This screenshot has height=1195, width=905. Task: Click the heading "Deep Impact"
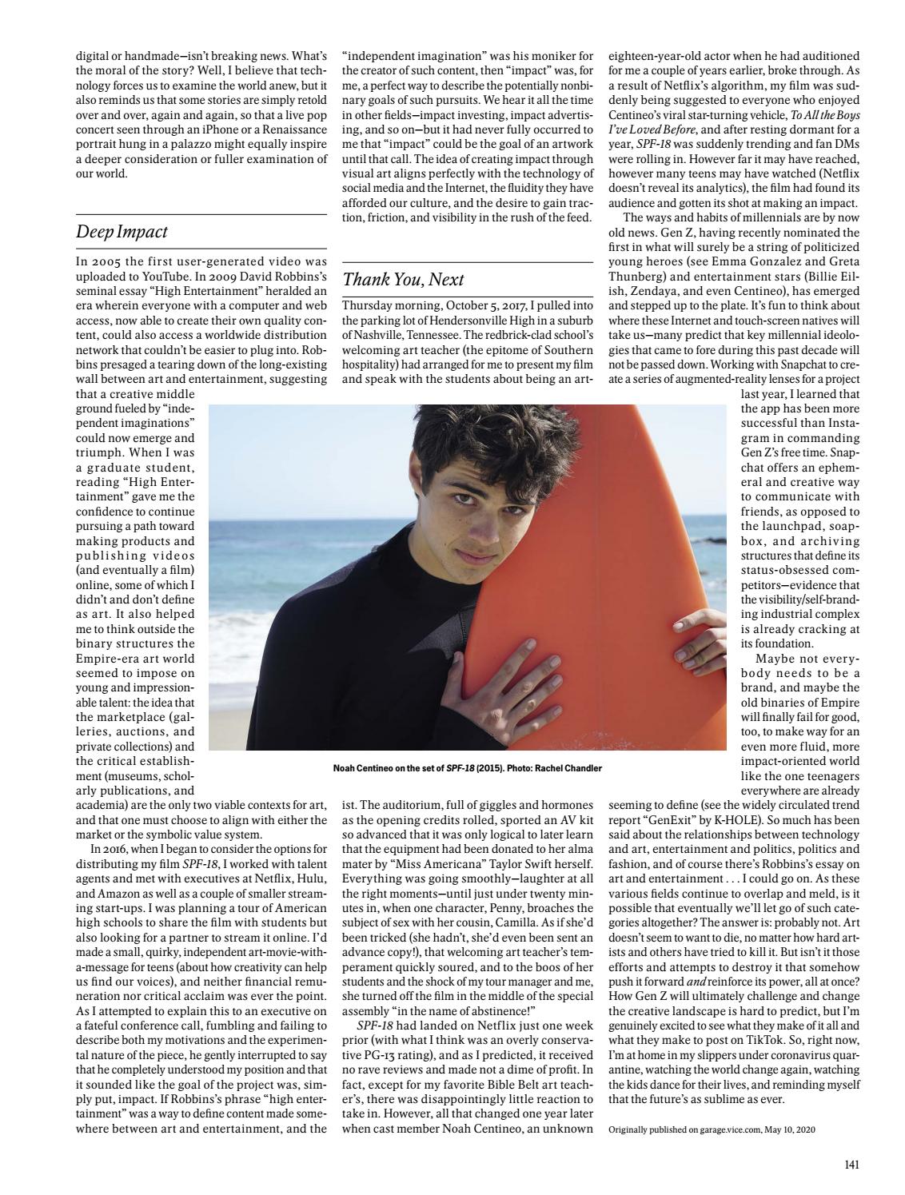click(122, 233)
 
